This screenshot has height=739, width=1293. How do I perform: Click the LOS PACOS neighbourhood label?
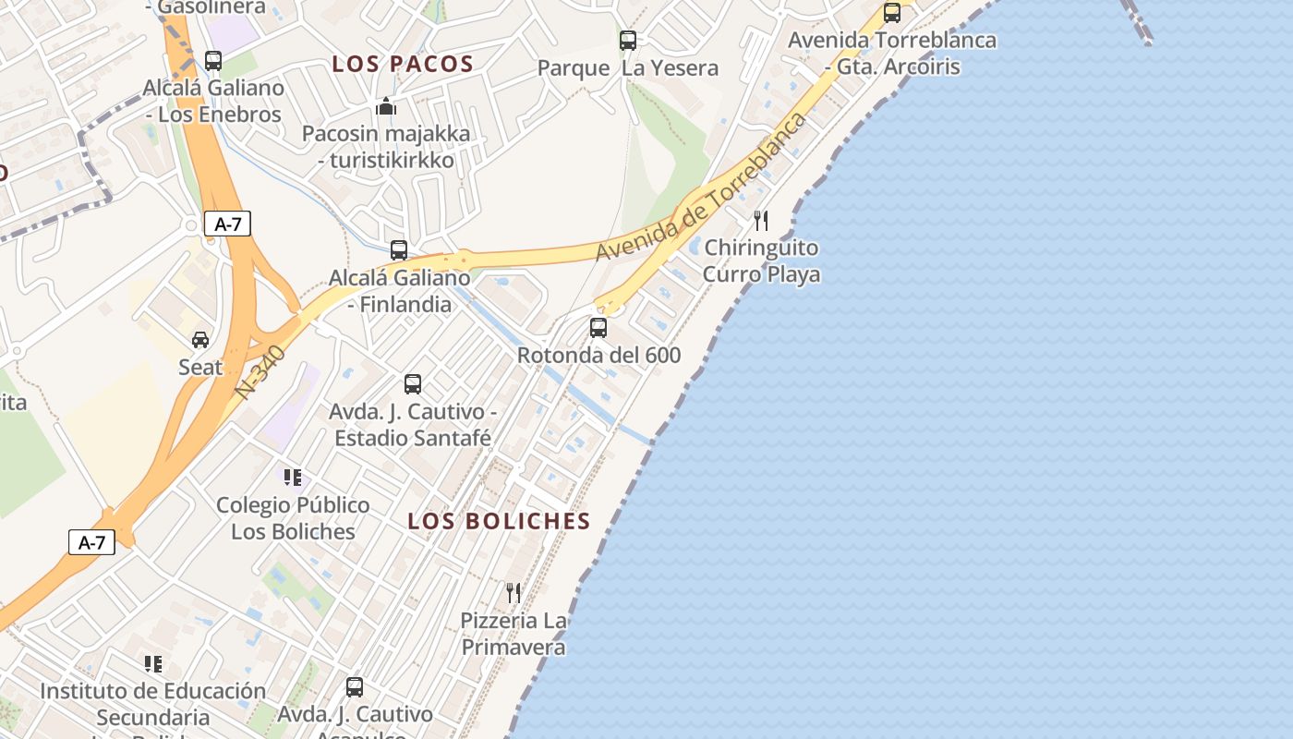403,64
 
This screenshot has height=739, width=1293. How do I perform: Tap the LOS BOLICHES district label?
499,521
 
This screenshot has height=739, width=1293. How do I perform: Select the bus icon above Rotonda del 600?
598,328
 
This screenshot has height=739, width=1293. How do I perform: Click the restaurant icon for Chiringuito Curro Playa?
761,221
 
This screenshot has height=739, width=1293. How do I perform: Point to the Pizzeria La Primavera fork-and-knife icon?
514,592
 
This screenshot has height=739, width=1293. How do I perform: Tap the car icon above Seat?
200,340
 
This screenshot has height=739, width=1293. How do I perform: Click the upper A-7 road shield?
227,224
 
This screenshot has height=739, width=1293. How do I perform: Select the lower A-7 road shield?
91,542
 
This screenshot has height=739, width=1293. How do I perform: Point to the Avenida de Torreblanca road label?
702,188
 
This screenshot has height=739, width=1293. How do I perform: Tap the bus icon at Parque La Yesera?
628,41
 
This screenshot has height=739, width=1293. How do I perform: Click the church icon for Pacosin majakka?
386,106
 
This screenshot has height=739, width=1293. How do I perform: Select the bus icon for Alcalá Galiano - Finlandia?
399,250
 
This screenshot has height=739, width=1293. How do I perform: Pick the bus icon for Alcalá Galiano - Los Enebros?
213,61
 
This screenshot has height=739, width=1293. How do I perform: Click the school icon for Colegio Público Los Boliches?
293,478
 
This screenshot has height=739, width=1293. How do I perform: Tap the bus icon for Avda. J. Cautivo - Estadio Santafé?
413,384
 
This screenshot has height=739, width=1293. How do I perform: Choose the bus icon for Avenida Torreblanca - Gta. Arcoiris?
892,13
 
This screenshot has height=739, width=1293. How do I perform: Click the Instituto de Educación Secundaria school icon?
153,663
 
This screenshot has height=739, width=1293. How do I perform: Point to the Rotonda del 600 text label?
598,355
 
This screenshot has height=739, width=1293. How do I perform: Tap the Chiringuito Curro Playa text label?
761,261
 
